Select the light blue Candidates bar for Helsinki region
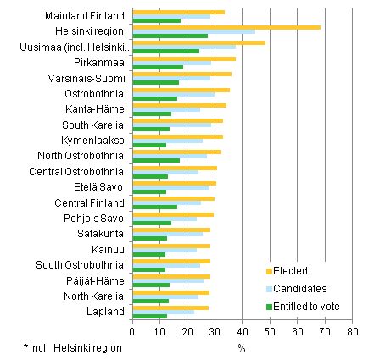tap(193, 31)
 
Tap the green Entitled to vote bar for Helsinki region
tap(170, 36)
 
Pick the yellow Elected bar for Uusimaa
tap(198, 42)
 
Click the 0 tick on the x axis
tap(132, 333)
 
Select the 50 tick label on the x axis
tap(270, 333)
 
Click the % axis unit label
tap(242, 347)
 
